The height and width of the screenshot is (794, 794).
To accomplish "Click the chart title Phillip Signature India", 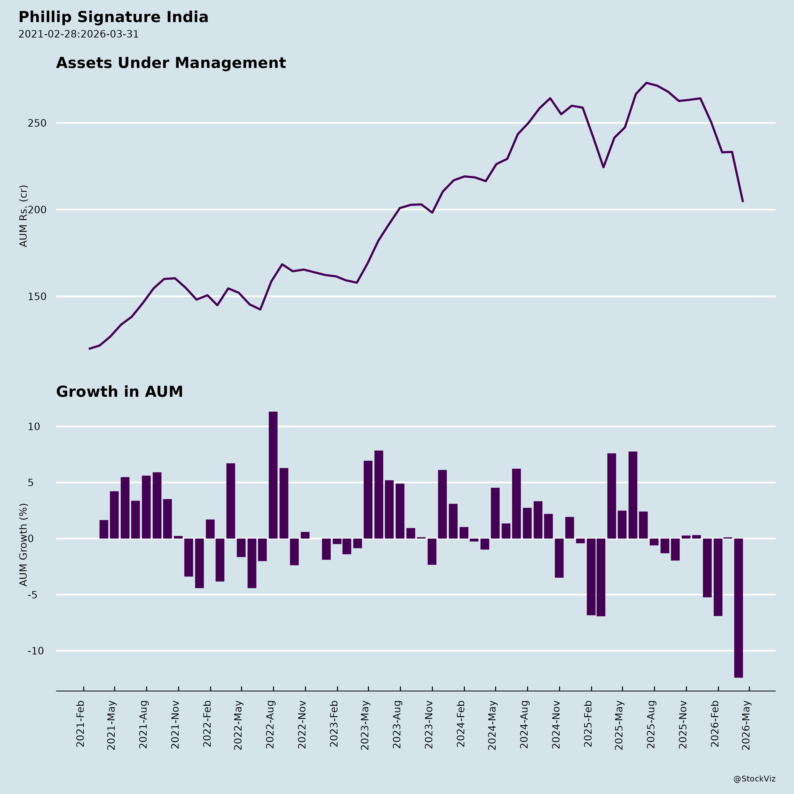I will point(113,17).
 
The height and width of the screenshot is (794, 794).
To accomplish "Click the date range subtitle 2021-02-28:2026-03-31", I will point(79,34).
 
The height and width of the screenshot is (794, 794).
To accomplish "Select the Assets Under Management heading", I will point(171,63).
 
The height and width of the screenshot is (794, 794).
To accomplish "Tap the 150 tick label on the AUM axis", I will point(37,296).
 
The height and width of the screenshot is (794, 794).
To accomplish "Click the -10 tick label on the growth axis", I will point(35,651).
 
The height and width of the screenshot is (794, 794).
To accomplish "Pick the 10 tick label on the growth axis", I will point(34,427).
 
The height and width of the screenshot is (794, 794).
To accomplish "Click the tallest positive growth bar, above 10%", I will point(273,475).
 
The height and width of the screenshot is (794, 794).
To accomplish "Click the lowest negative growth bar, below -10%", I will point(738,608).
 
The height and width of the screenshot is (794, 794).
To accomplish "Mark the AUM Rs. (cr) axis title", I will point(23,216).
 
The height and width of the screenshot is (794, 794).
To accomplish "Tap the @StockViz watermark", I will point(755,779).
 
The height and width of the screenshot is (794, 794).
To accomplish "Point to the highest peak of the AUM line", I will point(646,83).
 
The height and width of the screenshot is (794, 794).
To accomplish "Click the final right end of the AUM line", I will point(743,201).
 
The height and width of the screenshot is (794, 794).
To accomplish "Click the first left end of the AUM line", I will point(89,349).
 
